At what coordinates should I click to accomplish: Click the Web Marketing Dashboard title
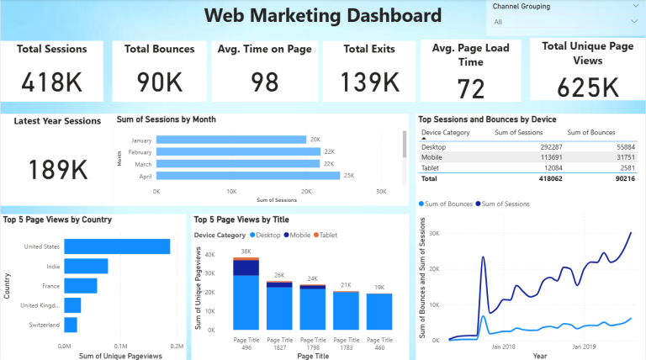coord(322,15)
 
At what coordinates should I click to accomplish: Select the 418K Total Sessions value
coord(51,82)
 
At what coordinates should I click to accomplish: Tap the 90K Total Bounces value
coord(160,82)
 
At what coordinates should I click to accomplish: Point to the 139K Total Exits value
coord(370,82)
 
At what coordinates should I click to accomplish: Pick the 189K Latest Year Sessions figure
coord(58,169)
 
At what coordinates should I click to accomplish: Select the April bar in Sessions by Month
coord(248,176)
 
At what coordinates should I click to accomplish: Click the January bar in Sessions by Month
coord(231,140)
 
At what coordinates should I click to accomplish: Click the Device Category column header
coord(446,133)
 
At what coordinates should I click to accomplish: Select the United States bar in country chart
coord(117,246)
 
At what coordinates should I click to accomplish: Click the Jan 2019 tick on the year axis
coord(585,346)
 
